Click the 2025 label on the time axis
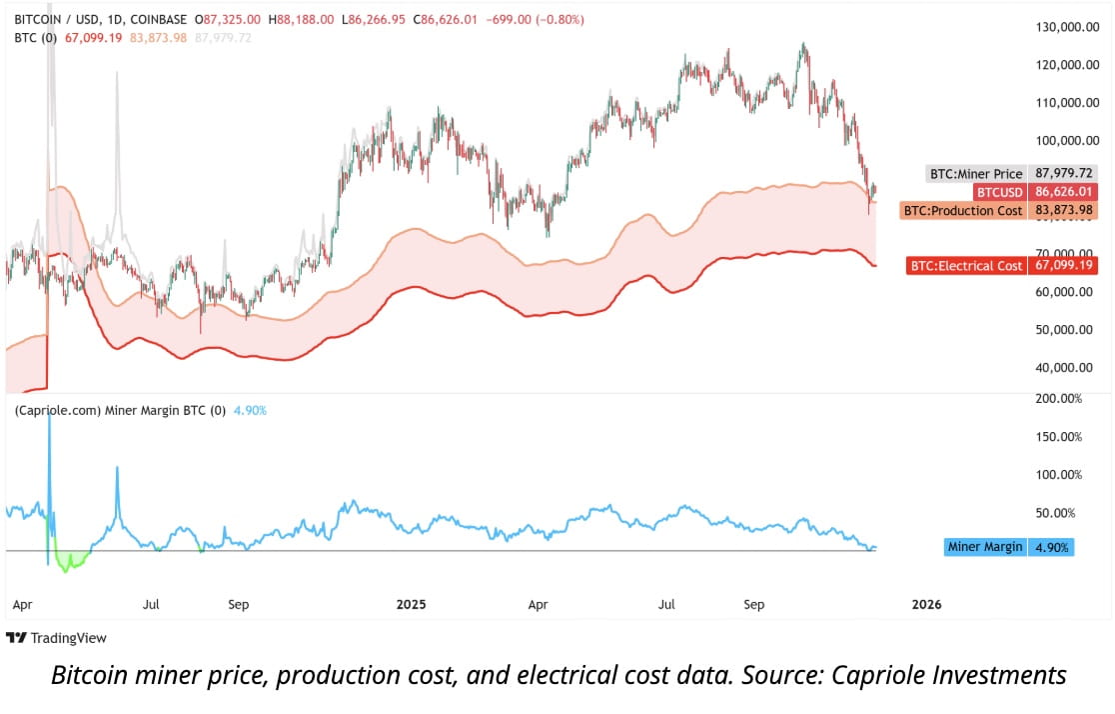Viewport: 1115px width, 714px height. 411,604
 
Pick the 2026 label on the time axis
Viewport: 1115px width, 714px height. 926,604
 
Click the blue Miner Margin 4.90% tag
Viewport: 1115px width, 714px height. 1009,547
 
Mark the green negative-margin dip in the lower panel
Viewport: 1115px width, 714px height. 71,562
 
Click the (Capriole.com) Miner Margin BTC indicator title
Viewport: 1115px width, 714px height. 119,410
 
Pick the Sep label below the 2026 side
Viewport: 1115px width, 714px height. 756,604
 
